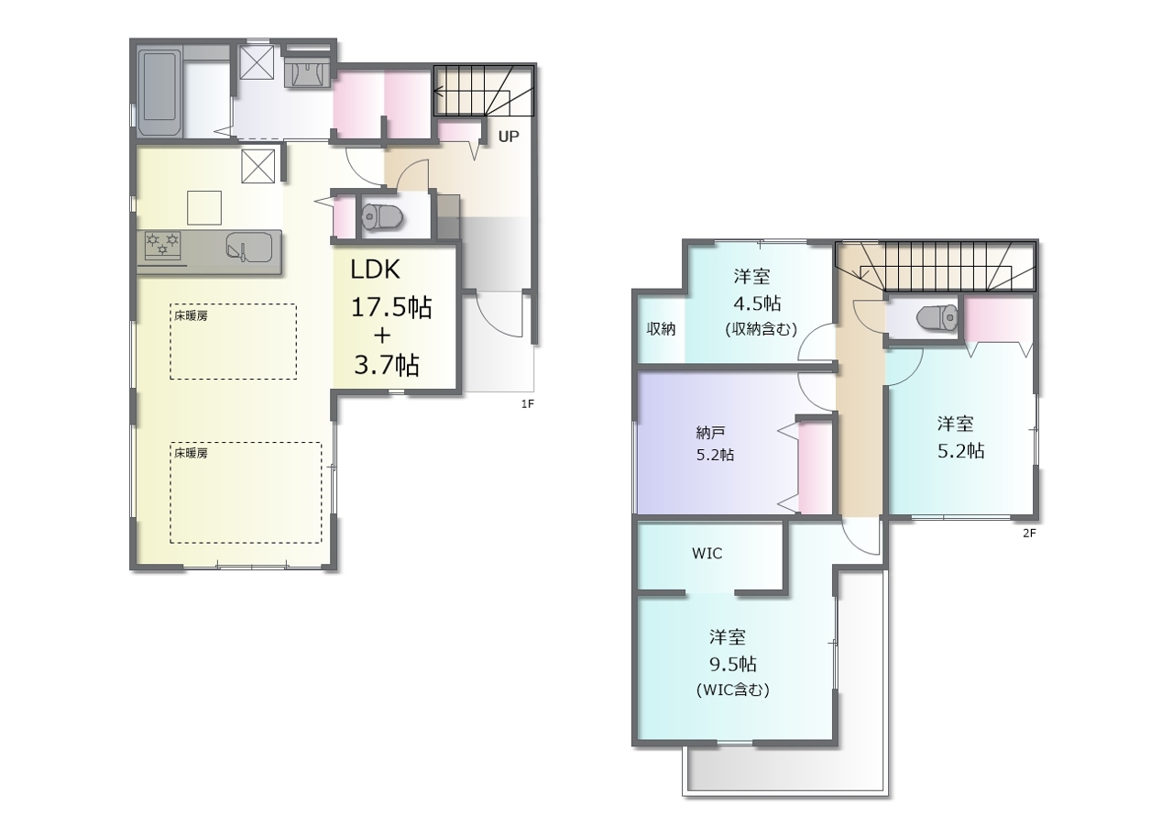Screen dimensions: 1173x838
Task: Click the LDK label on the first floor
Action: (x=375, y=270)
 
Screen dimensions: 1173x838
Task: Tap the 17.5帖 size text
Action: (x=391, y=307)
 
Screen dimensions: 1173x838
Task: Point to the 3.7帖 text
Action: (x=387, y=365)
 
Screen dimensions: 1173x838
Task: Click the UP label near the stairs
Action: (x=509, y=137)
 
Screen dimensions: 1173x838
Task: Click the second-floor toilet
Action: (x=937, y=317)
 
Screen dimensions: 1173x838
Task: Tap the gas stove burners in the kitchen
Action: (x=162, y=245)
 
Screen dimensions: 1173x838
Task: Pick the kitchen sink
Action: (x=248, y=248)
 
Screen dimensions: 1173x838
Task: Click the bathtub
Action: (x=159, y=93)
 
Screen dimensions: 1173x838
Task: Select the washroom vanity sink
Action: (x=307, y=73)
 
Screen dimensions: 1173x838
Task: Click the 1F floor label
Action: (x=527, y=403)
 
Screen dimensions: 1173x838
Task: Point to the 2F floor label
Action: (x=1029, y=534)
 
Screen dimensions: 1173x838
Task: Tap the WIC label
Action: (x=707, y=553)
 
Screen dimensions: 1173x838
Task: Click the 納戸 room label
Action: (x=710, y=433)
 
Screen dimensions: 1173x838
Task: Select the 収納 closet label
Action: (x=661, y=329)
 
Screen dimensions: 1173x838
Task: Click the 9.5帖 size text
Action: (x=732, y=664)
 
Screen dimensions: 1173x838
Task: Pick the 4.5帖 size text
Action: (x=757, y=303)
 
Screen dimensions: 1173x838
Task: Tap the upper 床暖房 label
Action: (x=191, y=315)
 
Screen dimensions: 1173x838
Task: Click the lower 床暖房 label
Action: (x=191, y=453)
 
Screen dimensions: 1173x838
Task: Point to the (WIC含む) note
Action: (x=732, y=689)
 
